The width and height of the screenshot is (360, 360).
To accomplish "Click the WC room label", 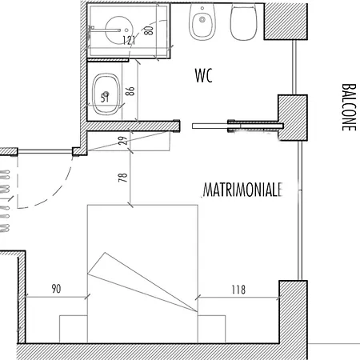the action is [x=204, y=75].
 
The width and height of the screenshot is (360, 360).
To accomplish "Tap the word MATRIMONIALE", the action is [x=242, y=190].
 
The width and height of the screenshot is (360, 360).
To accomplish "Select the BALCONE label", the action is [x=349, y=107].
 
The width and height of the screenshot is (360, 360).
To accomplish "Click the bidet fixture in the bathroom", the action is [x=202, y=22].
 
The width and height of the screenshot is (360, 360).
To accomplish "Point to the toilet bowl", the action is [x=243, y=22].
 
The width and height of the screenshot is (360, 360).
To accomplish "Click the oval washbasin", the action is [x=106, y=94].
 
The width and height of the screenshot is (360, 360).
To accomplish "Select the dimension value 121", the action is [x=130, y=40].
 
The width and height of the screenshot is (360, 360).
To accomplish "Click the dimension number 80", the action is [x=149, y=30].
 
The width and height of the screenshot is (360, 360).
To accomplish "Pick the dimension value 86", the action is [x=130, y=91].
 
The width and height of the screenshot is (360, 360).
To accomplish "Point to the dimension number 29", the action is [x=122, y=141].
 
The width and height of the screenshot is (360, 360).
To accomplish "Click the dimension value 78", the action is [x=122, y=178].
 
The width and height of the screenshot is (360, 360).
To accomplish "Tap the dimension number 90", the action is [x=56, y=289].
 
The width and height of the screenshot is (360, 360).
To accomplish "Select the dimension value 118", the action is [x=238, y=290].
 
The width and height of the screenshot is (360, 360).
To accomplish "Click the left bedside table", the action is [x=74, y=329].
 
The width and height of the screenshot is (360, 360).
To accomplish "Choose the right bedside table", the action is [x=211, y=329].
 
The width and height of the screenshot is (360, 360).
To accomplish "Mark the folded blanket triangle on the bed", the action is [x=142, y=282].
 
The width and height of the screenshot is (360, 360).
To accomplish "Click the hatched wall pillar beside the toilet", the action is [x=286, y=22].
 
